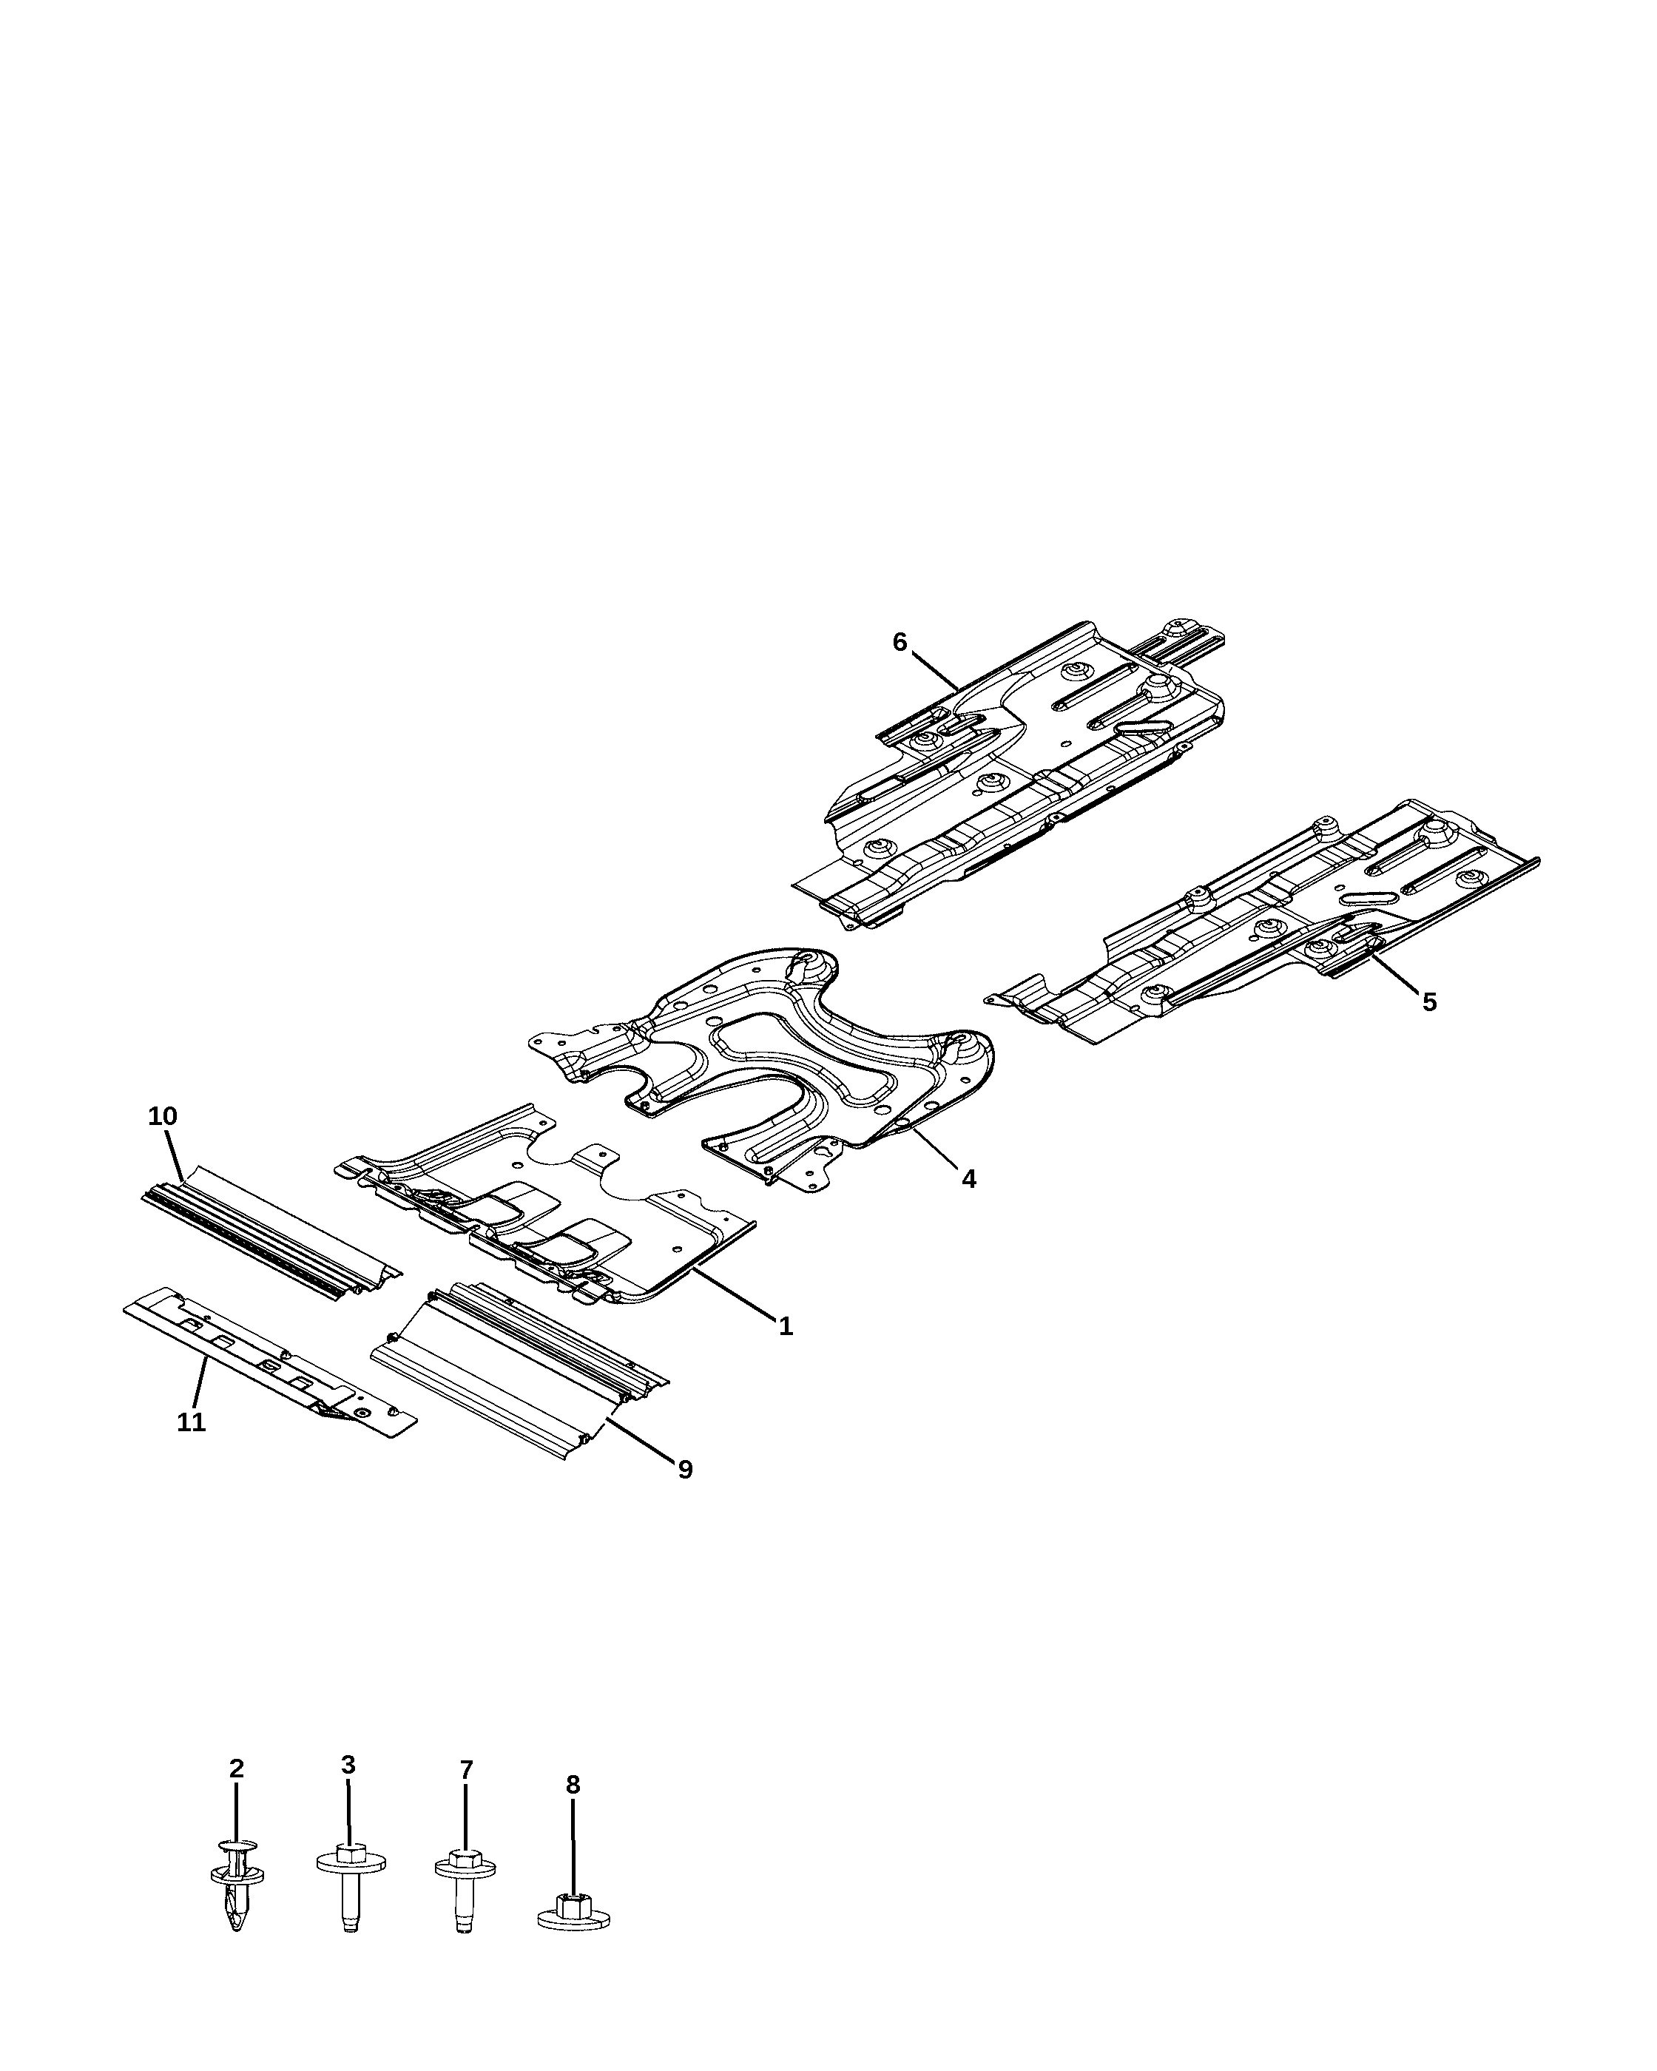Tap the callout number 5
pos(1429,1002)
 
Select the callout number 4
pos(969,1179)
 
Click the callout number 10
pos(162,1115)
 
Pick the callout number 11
pos(191,1422)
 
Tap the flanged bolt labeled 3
pos(351,1885)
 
